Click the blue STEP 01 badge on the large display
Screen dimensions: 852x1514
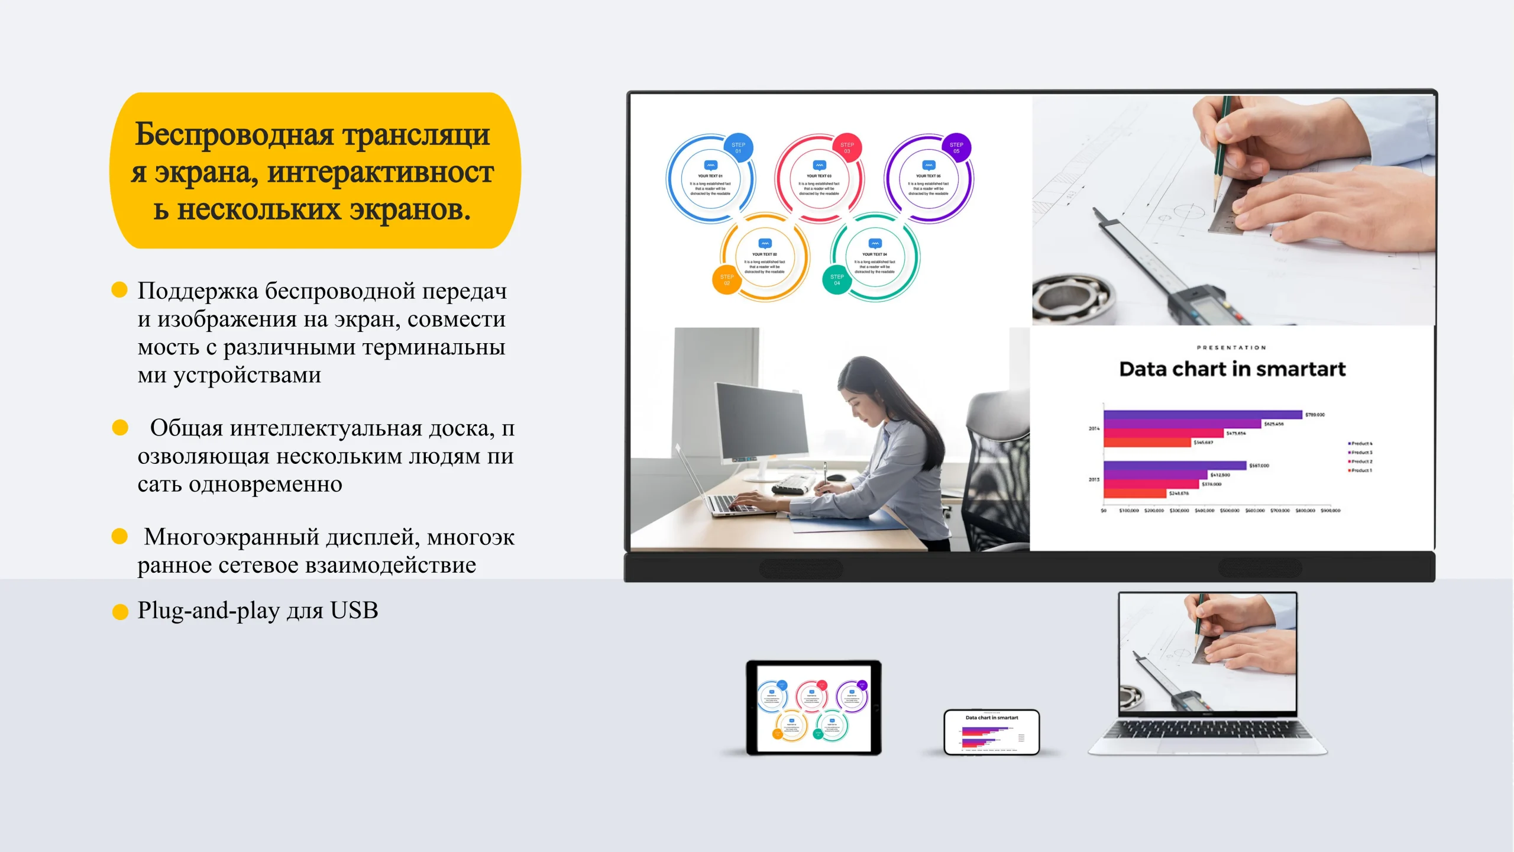[x=738, y=148]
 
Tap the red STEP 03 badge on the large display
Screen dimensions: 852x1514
[x=847, y=148]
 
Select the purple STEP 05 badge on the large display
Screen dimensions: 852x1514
[x=956, y=148]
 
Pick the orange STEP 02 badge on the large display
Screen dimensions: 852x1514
[x=727, y=280]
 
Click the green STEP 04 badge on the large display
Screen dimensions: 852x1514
[x=837, y=280]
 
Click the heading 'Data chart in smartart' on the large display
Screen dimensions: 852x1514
[x=1232, y=369]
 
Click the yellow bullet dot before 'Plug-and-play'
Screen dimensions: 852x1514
[x=120, y=612]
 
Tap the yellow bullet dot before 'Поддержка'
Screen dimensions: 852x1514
[x=119, y=289]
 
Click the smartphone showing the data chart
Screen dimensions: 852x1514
[x=991, y=732]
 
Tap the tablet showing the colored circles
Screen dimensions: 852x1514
[x=813, y=708]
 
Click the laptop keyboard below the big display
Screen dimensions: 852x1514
[x=1206, y=730]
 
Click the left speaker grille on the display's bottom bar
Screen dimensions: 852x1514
[x=801, y=569]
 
